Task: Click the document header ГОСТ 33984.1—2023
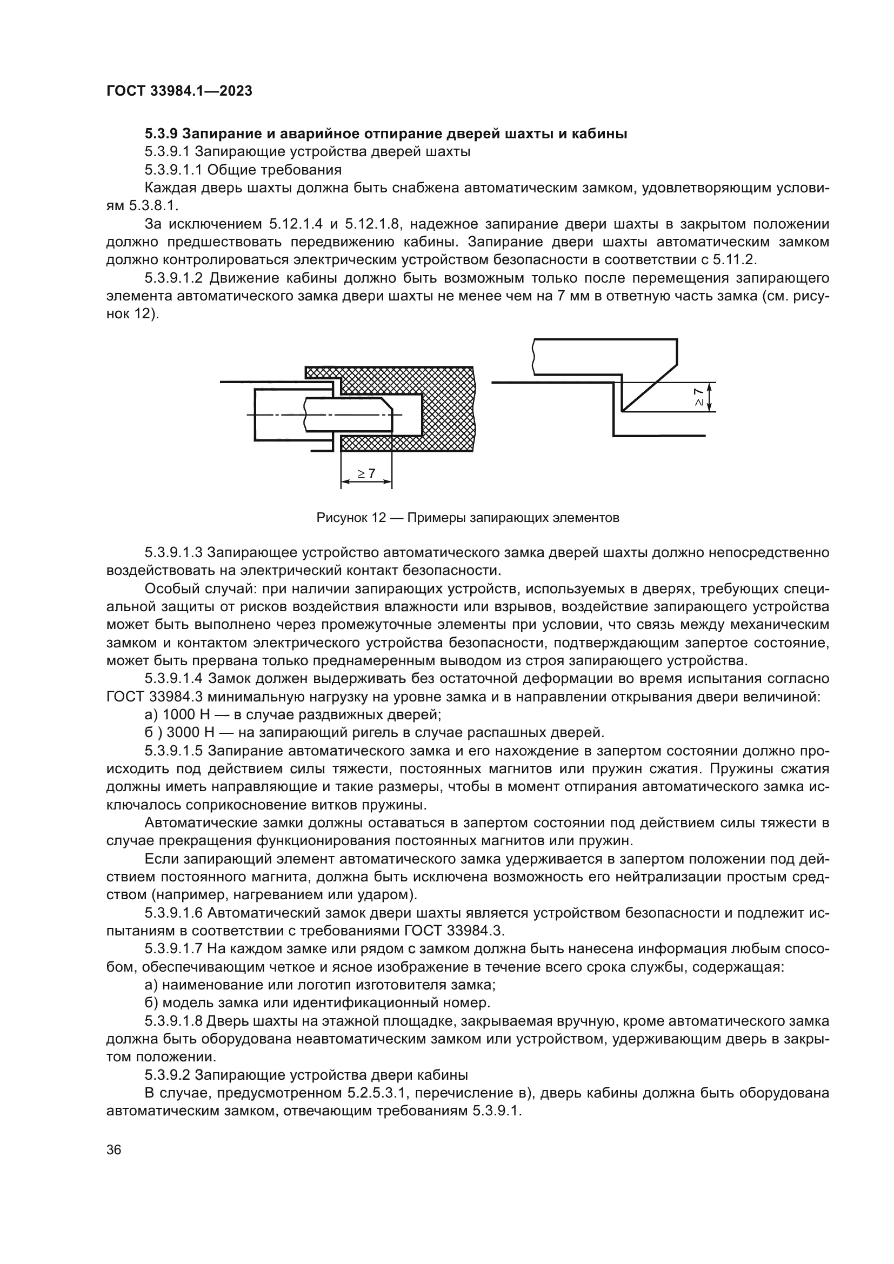coord(179,91)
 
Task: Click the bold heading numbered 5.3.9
coord(163,134)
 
